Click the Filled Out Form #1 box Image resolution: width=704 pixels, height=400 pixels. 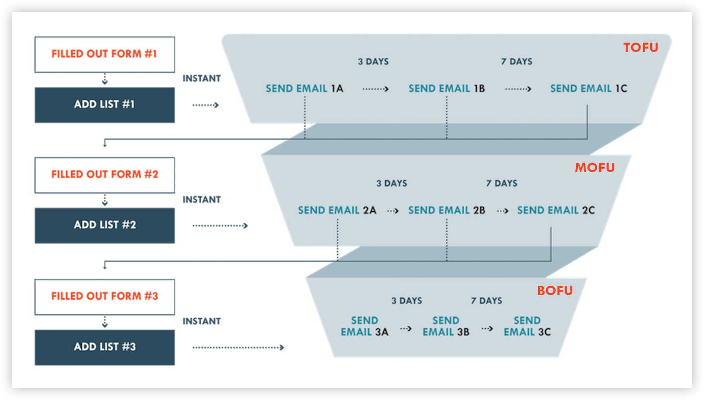click(x=104, y=54)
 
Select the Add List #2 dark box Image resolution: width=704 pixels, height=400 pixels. click(x=104, y=225)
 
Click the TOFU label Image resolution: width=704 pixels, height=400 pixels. click(x=640, y=48)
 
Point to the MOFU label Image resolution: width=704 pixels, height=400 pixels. click(x=594, y=168)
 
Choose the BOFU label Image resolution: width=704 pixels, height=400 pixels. click(x=555, y=291)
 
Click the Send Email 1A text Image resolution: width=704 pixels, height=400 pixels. click(x=304, y=89)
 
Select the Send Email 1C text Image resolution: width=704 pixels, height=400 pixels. click(x=588, y=89)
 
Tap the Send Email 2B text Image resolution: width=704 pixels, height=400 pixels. click(x=446, y=210)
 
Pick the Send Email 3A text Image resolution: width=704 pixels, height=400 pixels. click(x=364, y=326)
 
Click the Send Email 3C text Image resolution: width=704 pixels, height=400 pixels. click(x=527, y=326)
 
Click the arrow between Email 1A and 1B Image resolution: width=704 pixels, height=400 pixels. click(x=375, y=89)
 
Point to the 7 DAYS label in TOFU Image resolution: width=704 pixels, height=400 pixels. click(x=516, y=62)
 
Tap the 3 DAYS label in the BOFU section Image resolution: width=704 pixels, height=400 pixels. click(x=406, y=301)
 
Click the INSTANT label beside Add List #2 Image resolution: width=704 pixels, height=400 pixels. click(x=202, y=200)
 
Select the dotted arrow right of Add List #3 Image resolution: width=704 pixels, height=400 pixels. click(x=238, y=348)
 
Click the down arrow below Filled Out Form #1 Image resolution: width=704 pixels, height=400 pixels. click(x=104, y=80)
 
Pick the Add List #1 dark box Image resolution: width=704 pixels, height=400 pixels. click(x=104, y=105)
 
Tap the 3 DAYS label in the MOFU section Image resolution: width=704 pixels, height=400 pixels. click(x=391, y=183)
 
